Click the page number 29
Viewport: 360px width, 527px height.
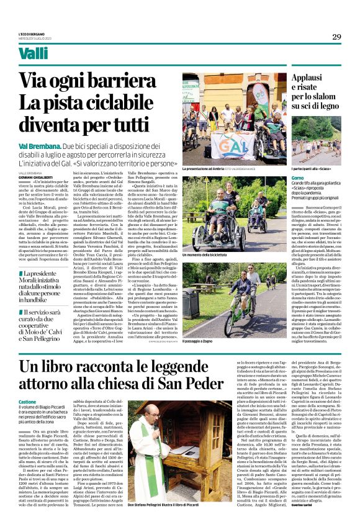(x=336, y=37)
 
